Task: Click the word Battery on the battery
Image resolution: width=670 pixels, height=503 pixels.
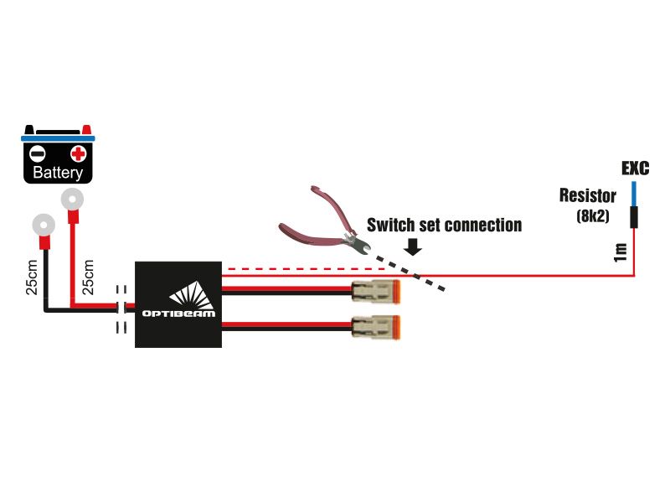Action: (x=58, y=173)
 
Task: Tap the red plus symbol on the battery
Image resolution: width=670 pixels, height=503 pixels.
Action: (x=78, y=153)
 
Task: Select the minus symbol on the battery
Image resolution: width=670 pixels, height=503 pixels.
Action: (x=37, y=153)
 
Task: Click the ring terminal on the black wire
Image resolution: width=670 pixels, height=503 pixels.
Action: (x=44, y=226)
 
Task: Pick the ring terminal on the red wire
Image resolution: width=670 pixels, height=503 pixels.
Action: (x=72, y=200)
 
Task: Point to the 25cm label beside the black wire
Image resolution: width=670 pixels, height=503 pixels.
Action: (x=32, y=277)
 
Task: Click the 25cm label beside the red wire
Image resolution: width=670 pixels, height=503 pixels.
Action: (x=88, y=277)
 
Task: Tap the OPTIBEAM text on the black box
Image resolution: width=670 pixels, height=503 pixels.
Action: (x=178, y=314)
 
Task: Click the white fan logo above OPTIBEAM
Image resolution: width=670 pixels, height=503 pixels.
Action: (x=191, y=295)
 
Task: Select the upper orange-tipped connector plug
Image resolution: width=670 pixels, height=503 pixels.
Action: (x=376, y=292)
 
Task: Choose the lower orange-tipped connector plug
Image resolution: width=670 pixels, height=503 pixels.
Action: (x=376, y=327)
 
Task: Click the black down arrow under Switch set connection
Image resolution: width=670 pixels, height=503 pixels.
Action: (x=413, y=246)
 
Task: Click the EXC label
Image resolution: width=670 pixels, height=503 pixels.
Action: (x=636, y=169)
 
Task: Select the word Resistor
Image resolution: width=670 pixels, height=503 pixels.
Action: (x=588, y=195)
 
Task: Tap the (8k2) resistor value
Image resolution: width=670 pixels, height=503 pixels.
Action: (x=593, y=216)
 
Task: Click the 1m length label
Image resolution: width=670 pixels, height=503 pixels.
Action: (x=620, y=252)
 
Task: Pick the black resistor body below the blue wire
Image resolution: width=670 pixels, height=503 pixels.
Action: (x=634, y=217)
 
